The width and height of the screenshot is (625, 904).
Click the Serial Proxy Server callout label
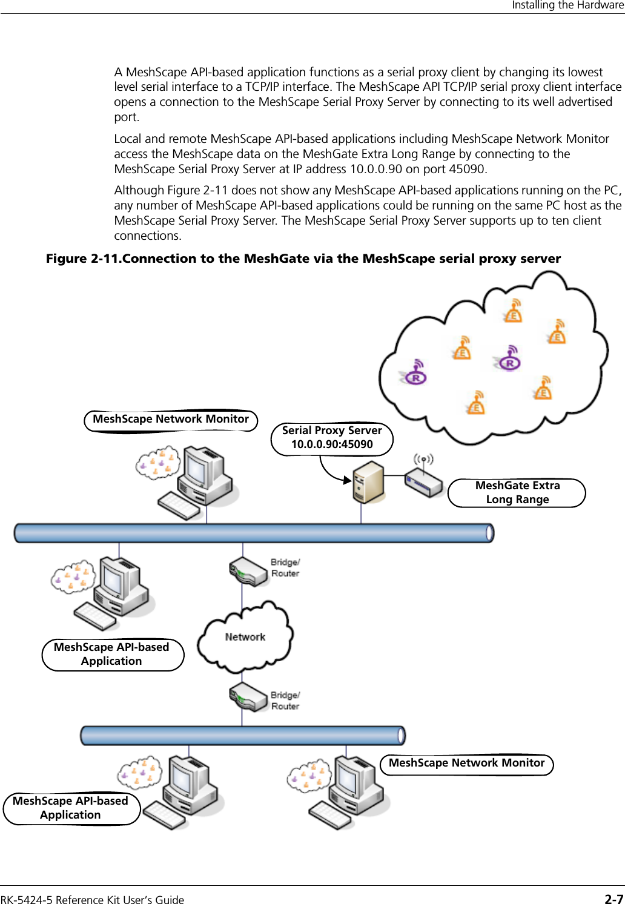click(x=332, y=438)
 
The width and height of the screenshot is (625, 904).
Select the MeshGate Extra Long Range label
click(x=517, y=492)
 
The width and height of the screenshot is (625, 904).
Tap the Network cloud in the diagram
click(x=245, y=636)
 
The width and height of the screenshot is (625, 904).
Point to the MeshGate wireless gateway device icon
click(x=424, y=483)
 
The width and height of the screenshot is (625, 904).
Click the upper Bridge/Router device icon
click(x=248, y=572)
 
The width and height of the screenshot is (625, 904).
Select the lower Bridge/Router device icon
click(x=248, y=698)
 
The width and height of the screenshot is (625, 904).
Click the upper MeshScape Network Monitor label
click(x=171, y=419)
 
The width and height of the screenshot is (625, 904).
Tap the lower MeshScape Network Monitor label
click(x=466, y=763)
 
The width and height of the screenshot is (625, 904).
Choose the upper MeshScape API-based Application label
click(x=112, y=654)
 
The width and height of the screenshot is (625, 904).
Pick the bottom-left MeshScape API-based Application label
click(x=71, y=808)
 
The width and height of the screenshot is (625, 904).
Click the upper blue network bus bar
click(x=254, y=533)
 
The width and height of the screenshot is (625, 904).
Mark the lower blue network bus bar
click(x=242, y=735)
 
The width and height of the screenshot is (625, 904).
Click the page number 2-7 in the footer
click(x=613, y=899)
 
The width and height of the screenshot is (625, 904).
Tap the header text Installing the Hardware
click(x=567, y=5)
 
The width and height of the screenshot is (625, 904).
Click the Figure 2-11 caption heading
click(x=303, y=259)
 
